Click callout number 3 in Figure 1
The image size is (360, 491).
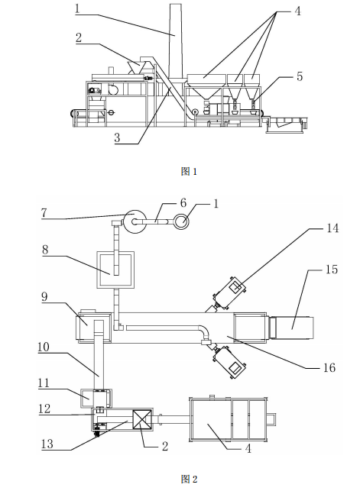(117, 137)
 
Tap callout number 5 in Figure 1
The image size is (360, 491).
(300, 76)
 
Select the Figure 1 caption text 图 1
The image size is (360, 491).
(189, 171)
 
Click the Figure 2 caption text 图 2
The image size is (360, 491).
(189, 479)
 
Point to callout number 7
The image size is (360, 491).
(44, 213)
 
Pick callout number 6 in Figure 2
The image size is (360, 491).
(183, 203)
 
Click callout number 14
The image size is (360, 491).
(332, 228)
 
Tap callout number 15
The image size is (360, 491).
(332, 270)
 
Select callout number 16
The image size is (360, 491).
(329, 367)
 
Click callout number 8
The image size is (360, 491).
(45, 250)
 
